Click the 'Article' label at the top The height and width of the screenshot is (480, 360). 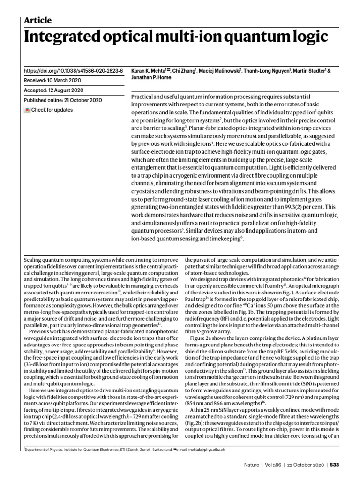pos(37,20)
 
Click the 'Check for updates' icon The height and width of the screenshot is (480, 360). pos(27,110)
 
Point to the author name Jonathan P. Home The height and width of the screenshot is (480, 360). pos(150,78)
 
